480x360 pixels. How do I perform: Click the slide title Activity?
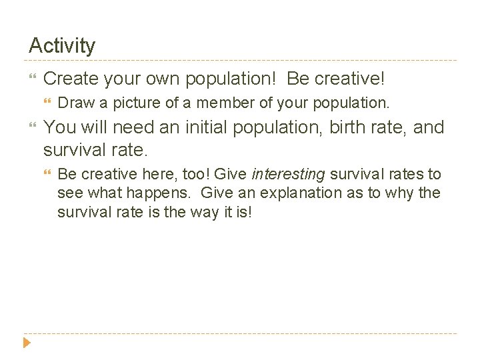(62, 46)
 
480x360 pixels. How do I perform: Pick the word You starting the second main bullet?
(59, 127)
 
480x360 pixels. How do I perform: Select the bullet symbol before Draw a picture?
(47, 103)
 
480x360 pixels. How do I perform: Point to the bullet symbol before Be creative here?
(47, 175)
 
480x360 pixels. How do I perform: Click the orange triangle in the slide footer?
(27, 344)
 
